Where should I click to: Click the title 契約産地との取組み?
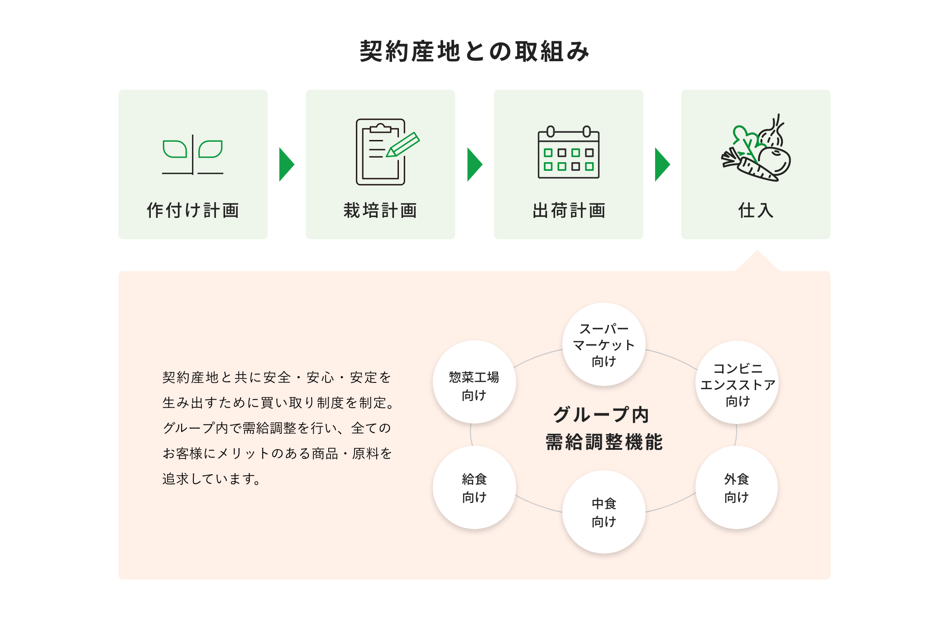pyautogui.click(x=474, y=51)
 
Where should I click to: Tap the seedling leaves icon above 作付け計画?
pyautogui.click(x=193, y=154)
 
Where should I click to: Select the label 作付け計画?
pyautogui.click(x=193, y=211)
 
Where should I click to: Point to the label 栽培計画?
pyautogui.click(x=380, y=211)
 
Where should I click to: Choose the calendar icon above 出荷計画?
pyautogui.click(x=569, y=153)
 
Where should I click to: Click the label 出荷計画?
pyautogui.click(x=569, y=211)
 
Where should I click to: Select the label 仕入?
pyautogui.click(x=756, y=211)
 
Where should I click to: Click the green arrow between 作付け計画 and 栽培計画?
pyautogui.click(x=287, y=164)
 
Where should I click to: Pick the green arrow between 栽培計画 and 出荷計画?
pyautogui.click(x=474, y=164)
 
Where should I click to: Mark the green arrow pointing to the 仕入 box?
pyautogui.click(x=662, y=164)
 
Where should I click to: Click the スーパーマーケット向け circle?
pyautogui.click(x=604, y=345)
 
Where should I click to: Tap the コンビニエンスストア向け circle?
pyautogui.click(x=737, y=383)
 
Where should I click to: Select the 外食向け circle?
pyautogui.click(x=737, y=488)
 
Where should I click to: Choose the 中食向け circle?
pyautogui.click(x=604, y=512)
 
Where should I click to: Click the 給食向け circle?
pyautogui.click(x=474, y=488)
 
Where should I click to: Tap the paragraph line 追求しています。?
pyautogui.click(x=211, y=479)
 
